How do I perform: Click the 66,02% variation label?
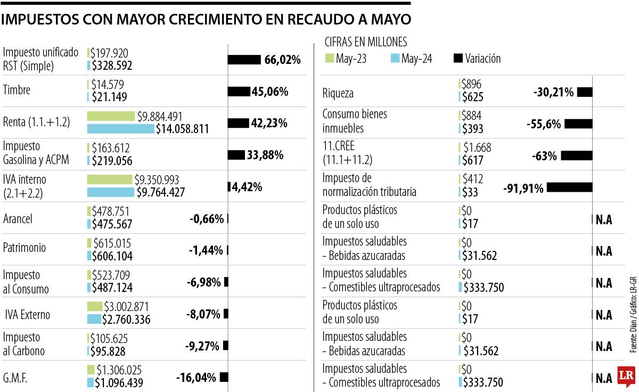tap(282, 60)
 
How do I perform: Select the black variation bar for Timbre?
tap(239, 92)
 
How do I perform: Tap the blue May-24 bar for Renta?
tap(120, 129)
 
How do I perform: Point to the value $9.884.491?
tap(167, 116)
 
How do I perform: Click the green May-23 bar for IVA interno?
tap(109, 179)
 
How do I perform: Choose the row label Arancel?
tap(18, 219)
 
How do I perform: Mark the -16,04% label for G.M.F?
tap(196, 378)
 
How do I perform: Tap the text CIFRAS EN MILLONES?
tap(366, 42)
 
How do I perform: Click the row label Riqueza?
tap(338, 94)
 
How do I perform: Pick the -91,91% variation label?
tap(523, 188)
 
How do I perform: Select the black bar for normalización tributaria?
tap(569, 187)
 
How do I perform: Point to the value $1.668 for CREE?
tap(477, 148)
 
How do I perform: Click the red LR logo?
tap(627, 377)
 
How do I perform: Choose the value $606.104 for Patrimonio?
tap(112, 256)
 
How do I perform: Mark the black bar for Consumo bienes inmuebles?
tap(578, 124)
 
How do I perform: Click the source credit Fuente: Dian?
tap(633, 330)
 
